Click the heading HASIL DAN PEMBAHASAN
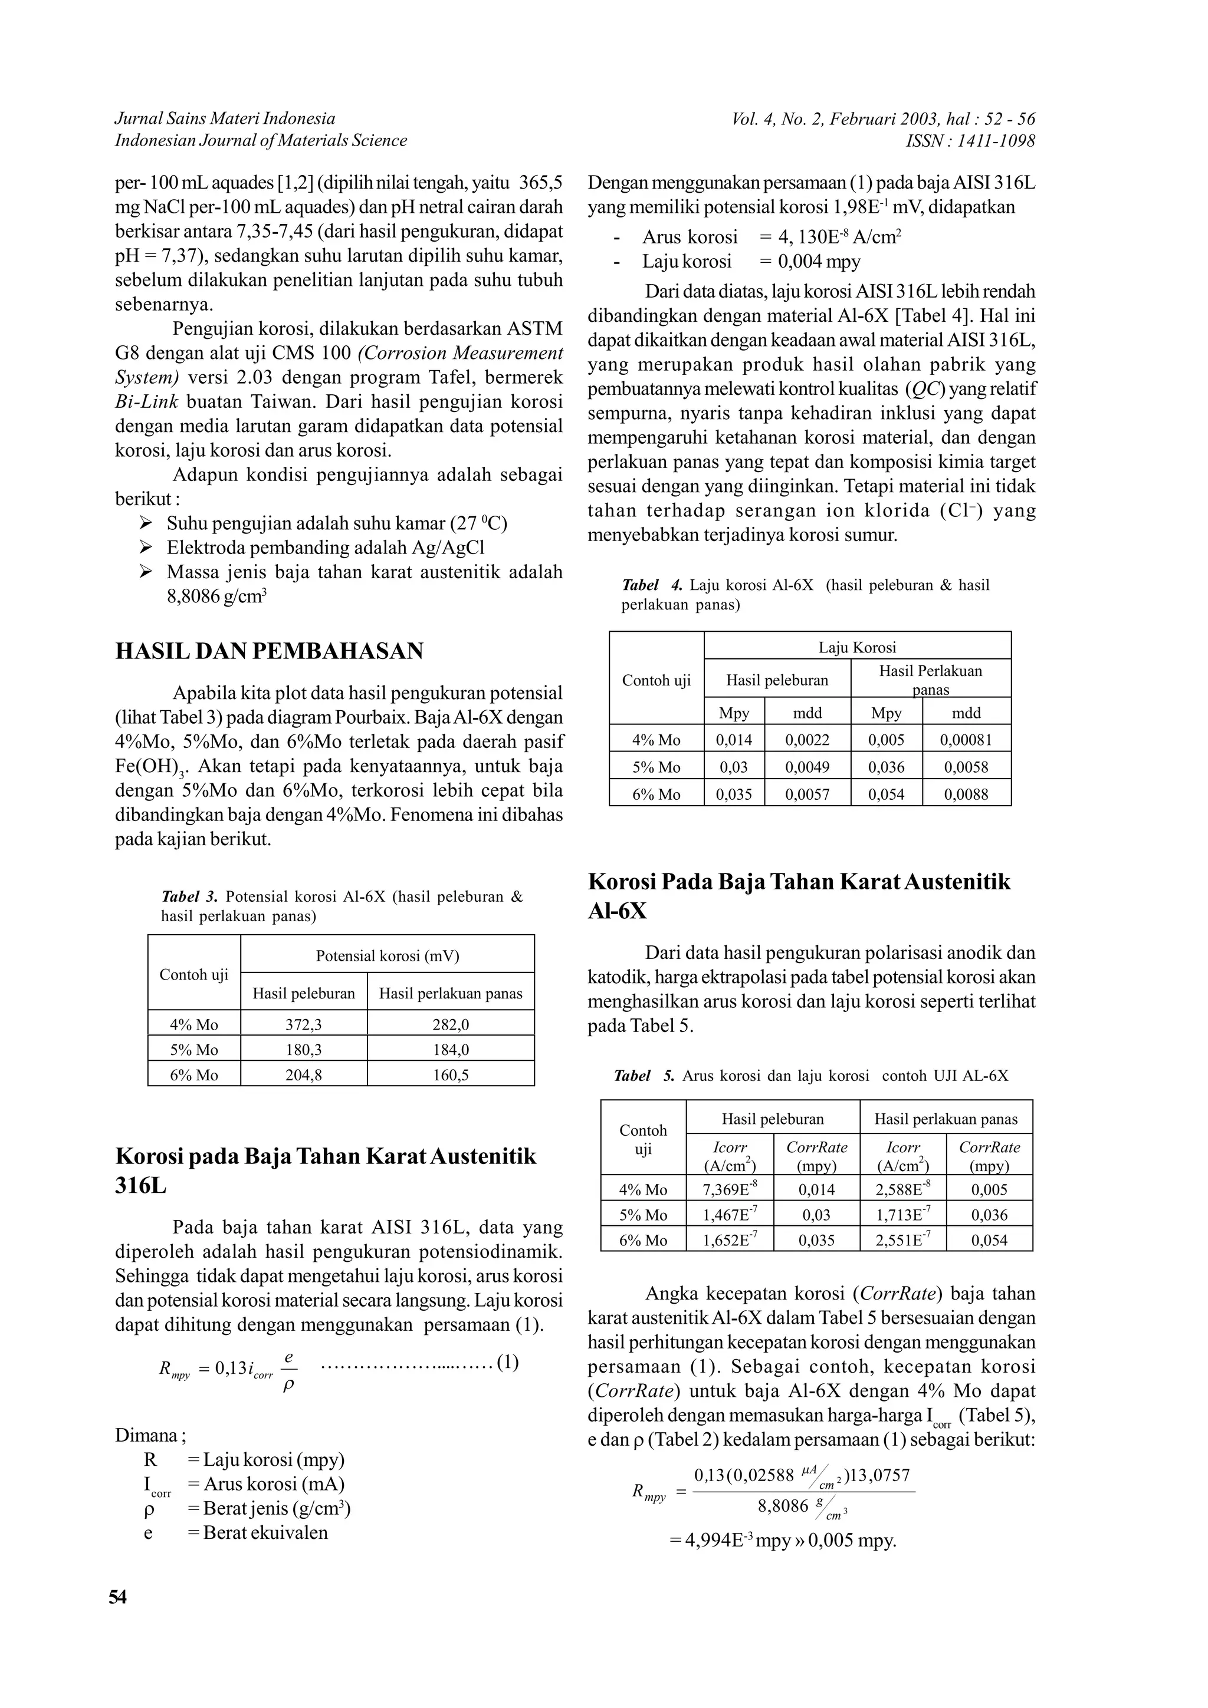point(270,651)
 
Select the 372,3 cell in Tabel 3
point(304,1024)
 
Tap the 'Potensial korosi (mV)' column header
point(387,956)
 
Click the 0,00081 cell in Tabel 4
point(966,740)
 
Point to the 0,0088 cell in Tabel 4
point(966,794)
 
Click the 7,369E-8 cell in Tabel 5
point(730,1189)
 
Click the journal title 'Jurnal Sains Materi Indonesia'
point(225,118)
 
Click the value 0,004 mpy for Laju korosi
point(819,262)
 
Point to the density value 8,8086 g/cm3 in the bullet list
point(216,596)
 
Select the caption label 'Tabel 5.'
point(644,1076)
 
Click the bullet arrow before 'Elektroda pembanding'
point(145,548)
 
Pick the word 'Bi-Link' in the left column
point(147,402)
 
